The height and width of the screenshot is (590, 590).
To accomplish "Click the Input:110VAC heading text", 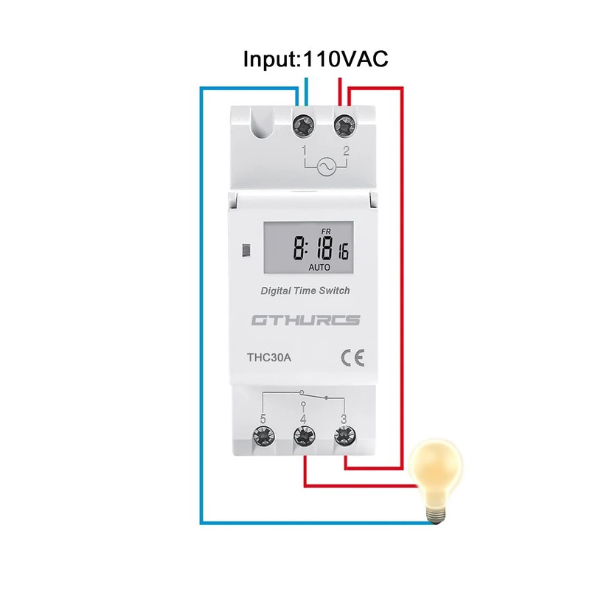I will tap(316, 59).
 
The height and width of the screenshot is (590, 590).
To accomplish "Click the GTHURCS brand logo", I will tap(305, 320).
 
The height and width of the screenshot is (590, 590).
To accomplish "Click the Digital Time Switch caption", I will tap(305, 291).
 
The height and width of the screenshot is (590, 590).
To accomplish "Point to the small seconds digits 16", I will tap(344, 252).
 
